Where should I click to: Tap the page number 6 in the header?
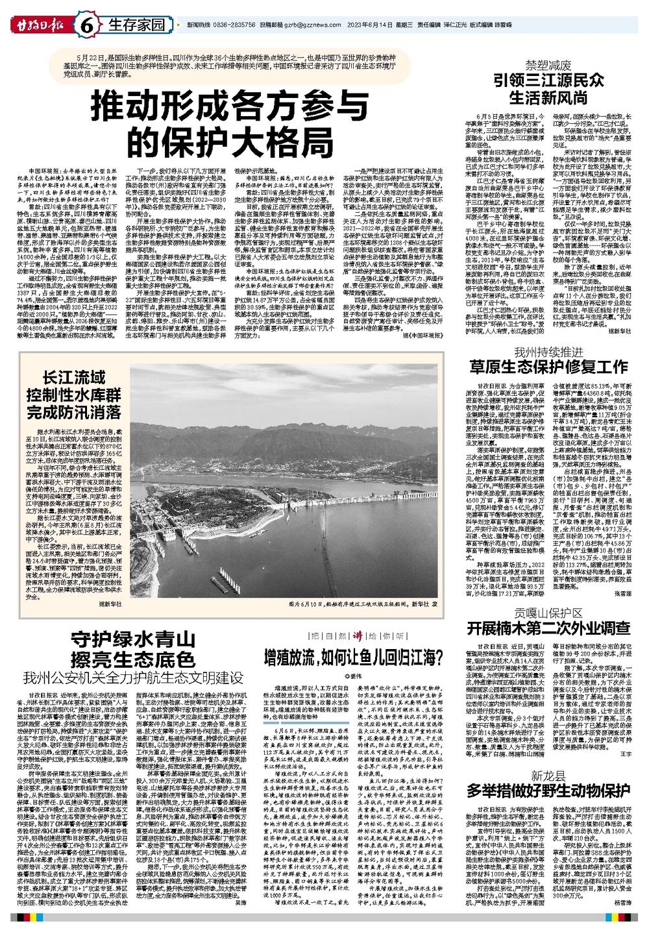86,27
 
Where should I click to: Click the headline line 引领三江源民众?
548,81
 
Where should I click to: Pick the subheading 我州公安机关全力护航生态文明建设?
134,679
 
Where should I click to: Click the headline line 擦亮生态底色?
134,659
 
